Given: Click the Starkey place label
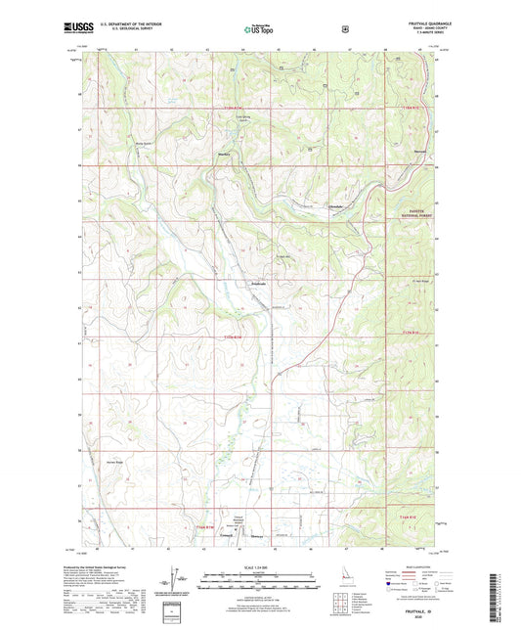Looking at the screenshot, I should [224, 154].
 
